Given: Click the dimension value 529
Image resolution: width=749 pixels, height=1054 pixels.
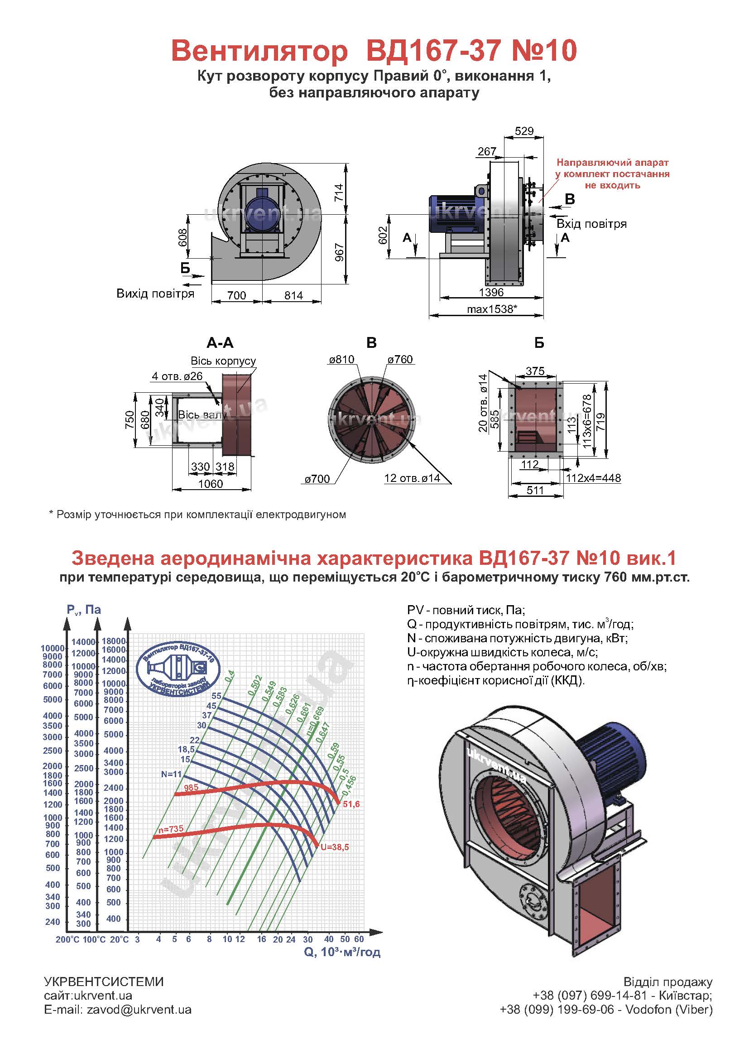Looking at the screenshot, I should pos(524,131).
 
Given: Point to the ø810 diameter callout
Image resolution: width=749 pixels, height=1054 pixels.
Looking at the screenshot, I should pos(341,359).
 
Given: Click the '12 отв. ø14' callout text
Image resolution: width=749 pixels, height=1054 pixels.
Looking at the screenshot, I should pos(412,478).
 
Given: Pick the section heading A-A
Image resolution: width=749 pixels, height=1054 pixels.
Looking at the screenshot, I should pos(220,343).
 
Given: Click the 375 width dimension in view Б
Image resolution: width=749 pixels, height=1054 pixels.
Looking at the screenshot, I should pos(535,371).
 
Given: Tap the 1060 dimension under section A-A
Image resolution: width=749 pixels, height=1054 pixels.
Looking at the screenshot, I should pos(210,484).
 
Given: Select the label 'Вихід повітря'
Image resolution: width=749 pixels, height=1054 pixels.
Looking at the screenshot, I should pos(155,294).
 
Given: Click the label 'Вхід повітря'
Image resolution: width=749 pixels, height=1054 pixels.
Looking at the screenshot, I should pos(591,224).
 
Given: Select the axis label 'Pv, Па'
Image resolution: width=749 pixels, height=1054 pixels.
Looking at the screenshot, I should pos(83,610).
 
